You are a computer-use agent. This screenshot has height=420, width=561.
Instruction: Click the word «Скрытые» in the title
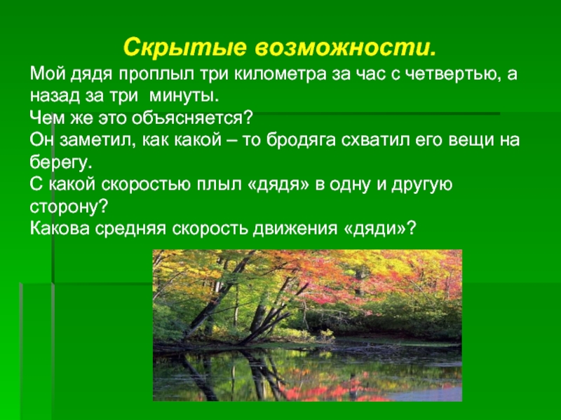pyautogui.click(x=185, y=48)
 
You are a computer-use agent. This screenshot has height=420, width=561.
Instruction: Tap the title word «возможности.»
pyautogui.click(x=346, y=47)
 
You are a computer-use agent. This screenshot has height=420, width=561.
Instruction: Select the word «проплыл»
pyautogui.click(x=156, y=75)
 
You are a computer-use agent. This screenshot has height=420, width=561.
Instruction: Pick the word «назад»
pyautogui.click(x=55, y=97)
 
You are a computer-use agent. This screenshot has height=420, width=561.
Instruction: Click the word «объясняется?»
pyautogui.click(x=192, y=118)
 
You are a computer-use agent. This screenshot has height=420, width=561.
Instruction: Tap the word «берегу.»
pyautogui.click(x=61, y=162)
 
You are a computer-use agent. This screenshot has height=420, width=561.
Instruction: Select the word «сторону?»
pyautogui.click(x=69, y=207)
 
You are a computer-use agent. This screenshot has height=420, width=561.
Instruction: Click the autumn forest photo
pyautogui.click(x=307, y=325)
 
